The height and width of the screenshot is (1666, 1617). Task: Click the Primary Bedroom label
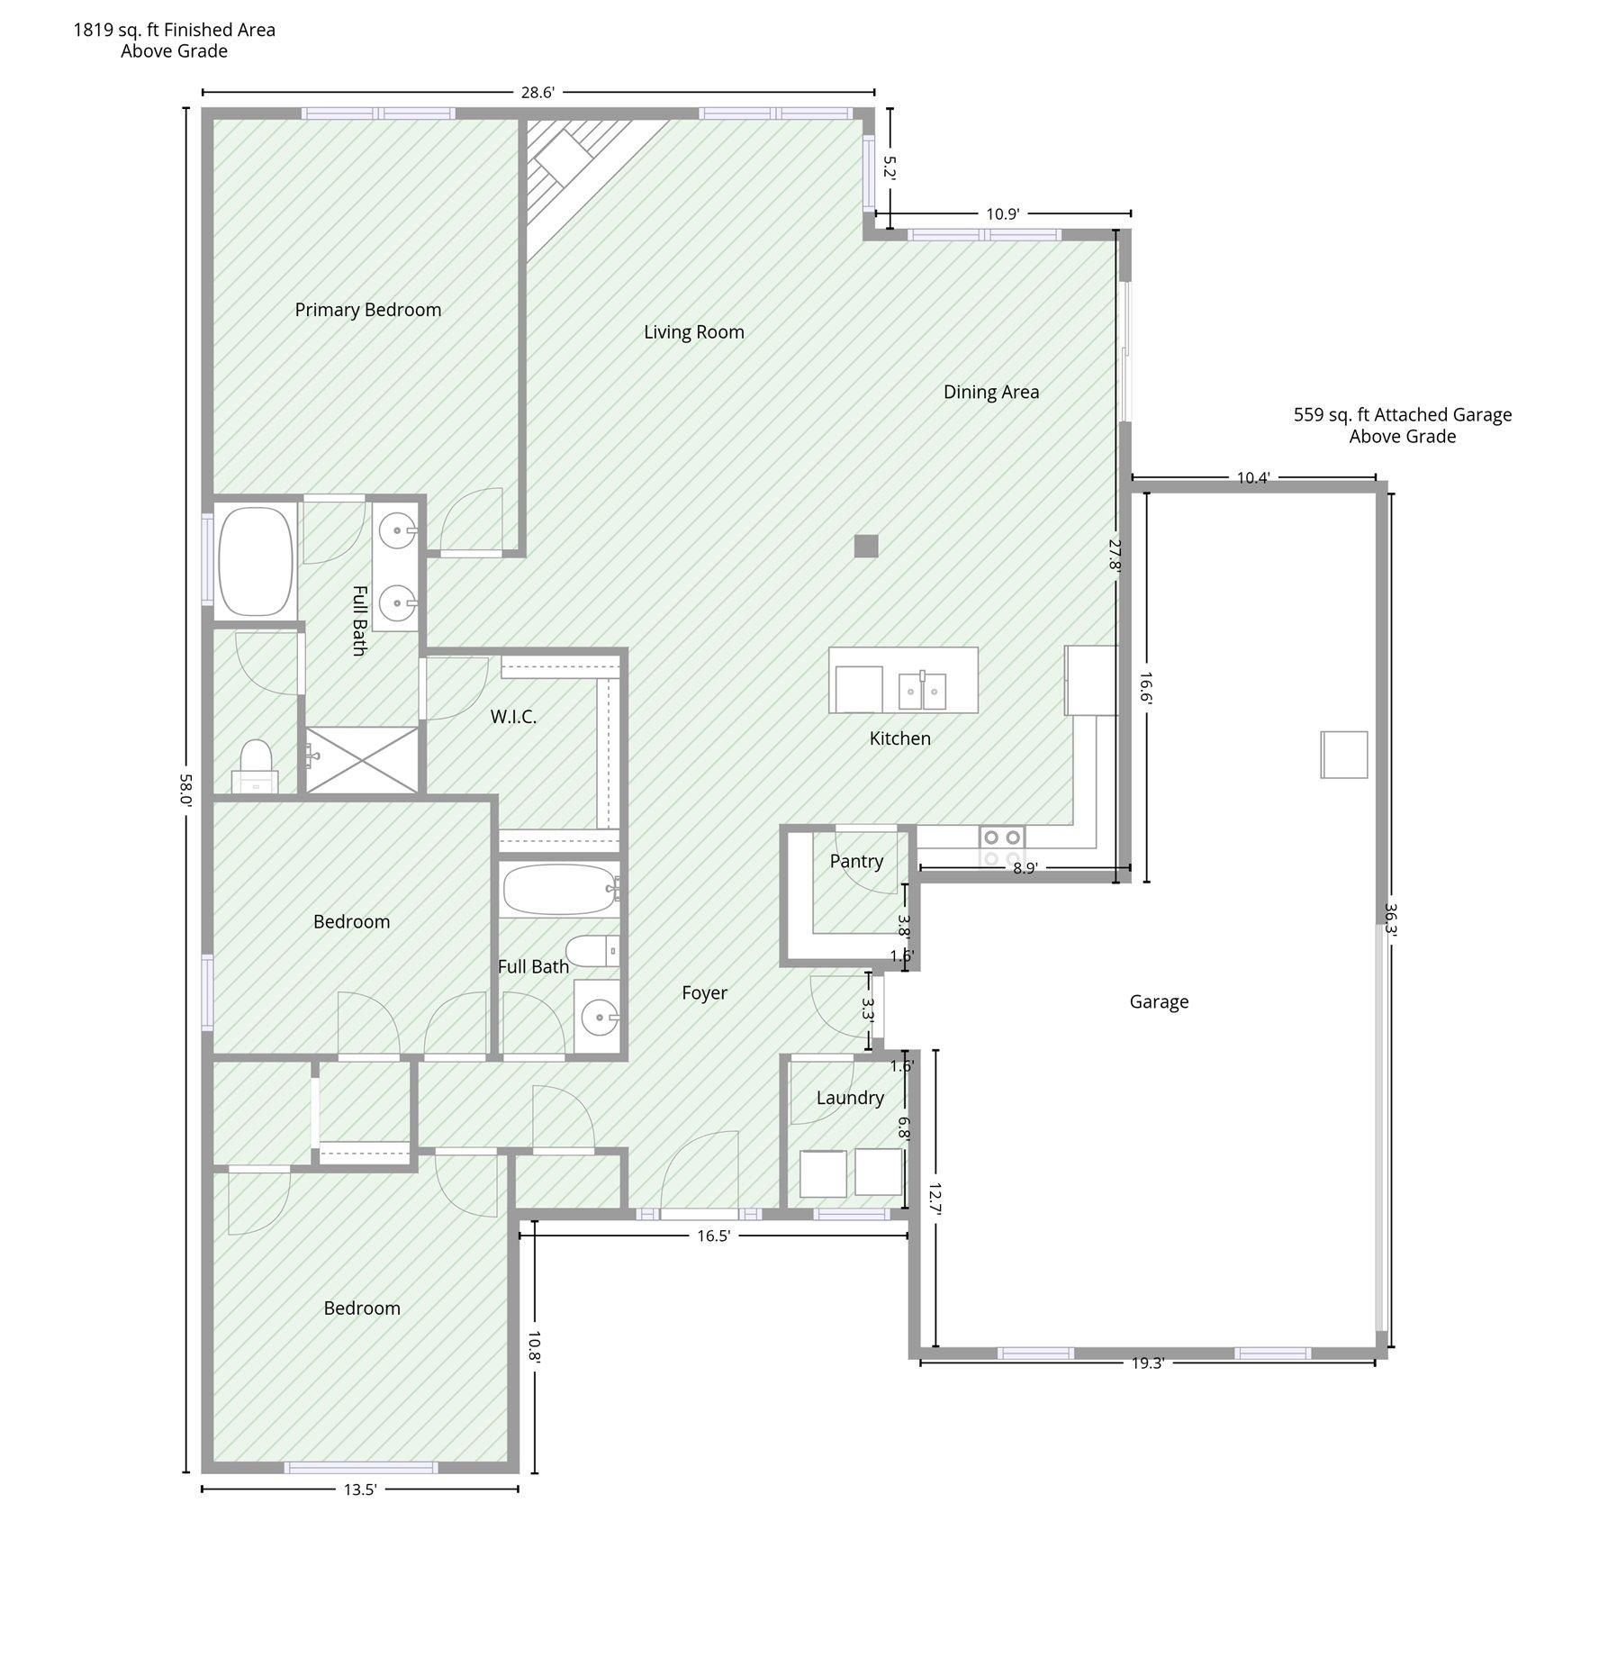point(368,310)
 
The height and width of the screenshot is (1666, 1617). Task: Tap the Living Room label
point(694,332)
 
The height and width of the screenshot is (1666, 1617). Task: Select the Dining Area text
point(991,392)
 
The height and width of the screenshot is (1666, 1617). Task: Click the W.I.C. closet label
point(513,717)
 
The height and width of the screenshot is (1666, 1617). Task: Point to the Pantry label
point(856,862)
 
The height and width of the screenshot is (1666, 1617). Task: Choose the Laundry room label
point(850,1098)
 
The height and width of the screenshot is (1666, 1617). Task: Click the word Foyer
point(704,993)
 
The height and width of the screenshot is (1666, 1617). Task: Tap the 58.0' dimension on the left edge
point(185,789)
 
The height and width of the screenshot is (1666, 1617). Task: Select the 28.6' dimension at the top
point(537,92)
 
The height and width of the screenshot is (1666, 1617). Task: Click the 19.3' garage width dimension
point(1148,1363)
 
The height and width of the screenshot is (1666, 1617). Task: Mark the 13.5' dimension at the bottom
point(359,1489)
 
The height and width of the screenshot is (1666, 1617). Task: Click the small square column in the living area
point(866,546)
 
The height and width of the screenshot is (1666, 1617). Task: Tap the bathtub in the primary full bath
point(257,562)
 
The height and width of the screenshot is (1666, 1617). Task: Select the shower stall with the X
point(363,760)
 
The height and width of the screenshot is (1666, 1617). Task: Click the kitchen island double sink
point(922,691)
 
